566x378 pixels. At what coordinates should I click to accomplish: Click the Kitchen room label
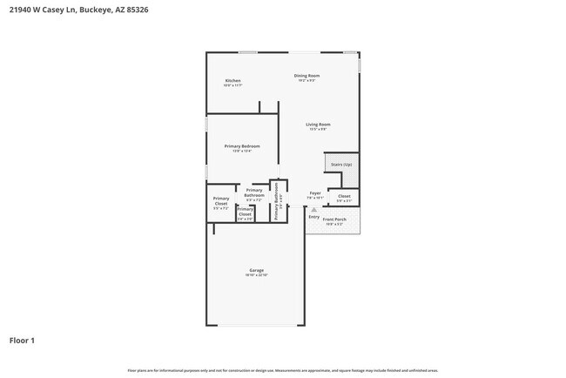232,81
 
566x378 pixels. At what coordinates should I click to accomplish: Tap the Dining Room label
307,76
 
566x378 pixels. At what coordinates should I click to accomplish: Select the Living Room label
318,125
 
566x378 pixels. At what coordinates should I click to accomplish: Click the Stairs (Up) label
341,165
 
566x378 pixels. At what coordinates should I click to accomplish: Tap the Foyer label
315,193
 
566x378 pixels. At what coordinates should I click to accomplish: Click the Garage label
256,270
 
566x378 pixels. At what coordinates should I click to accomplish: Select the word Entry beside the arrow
313,217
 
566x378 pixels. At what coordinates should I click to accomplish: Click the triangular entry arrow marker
314,209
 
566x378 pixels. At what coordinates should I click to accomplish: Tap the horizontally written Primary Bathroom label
254,192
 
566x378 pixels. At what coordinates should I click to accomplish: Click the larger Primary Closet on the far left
221,201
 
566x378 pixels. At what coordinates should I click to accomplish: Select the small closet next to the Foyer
344,196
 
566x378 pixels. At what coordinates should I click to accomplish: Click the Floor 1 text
22,340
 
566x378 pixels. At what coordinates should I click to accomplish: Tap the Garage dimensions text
256,275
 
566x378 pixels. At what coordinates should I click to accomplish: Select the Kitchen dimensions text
232,85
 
